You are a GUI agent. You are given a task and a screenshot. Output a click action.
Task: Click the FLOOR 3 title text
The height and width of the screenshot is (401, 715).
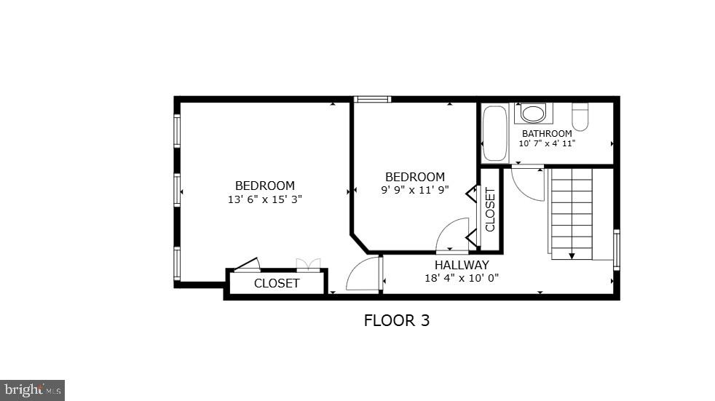[396, 320]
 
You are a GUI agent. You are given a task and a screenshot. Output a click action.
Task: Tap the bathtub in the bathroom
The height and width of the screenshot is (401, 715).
[495, 134]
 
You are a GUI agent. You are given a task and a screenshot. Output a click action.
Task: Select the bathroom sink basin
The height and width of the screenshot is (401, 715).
[533, 114]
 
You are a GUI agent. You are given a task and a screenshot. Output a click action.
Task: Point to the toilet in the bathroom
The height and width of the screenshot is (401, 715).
[580, 116]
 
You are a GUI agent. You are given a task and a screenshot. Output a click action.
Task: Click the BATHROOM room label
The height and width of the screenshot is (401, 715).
[546, 133]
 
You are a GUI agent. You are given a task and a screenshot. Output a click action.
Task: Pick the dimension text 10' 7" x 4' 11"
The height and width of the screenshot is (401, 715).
[546, 143]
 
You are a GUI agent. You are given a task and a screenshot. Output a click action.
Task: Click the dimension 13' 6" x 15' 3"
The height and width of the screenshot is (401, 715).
[264, 198]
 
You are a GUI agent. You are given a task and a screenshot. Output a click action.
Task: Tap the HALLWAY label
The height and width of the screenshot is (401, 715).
[462, 265]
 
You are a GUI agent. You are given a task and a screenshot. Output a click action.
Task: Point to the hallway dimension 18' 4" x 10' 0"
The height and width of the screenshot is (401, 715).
[462, 277]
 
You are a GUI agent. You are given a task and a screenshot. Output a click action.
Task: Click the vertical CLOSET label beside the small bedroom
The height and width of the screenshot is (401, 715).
[490, 210]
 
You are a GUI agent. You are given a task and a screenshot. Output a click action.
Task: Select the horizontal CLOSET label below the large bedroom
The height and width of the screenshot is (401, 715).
[276, 283]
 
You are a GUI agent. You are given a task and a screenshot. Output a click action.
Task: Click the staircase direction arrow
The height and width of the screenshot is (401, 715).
[572, 255]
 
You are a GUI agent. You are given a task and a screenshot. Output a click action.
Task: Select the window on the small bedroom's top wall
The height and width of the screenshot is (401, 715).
[372, 99]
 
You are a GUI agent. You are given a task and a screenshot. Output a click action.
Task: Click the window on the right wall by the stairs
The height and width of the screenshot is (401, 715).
[617, 250]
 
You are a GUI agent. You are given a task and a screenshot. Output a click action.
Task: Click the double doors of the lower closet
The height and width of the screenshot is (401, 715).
[308, 265]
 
